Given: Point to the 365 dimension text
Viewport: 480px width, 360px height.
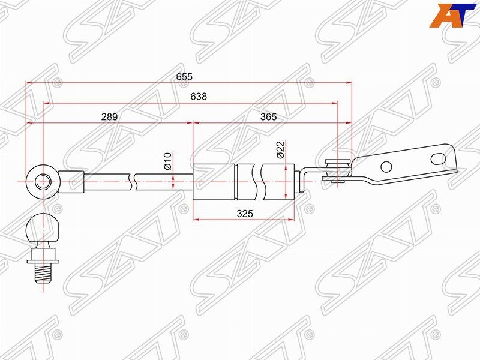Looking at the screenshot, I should tap(269, 117).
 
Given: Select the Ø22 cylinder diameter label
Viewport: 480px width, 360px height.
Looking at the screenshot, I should tap(280, 149).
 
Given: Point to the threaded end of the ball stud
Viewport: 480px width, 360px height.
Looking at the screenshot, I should tap(43, 274).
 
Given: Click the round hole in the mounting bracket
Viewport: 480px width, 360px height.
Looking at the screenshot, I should tap(386, 166).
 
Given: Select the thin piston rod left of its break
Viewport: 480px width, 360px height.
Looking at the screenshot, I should tap(108, 179).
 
